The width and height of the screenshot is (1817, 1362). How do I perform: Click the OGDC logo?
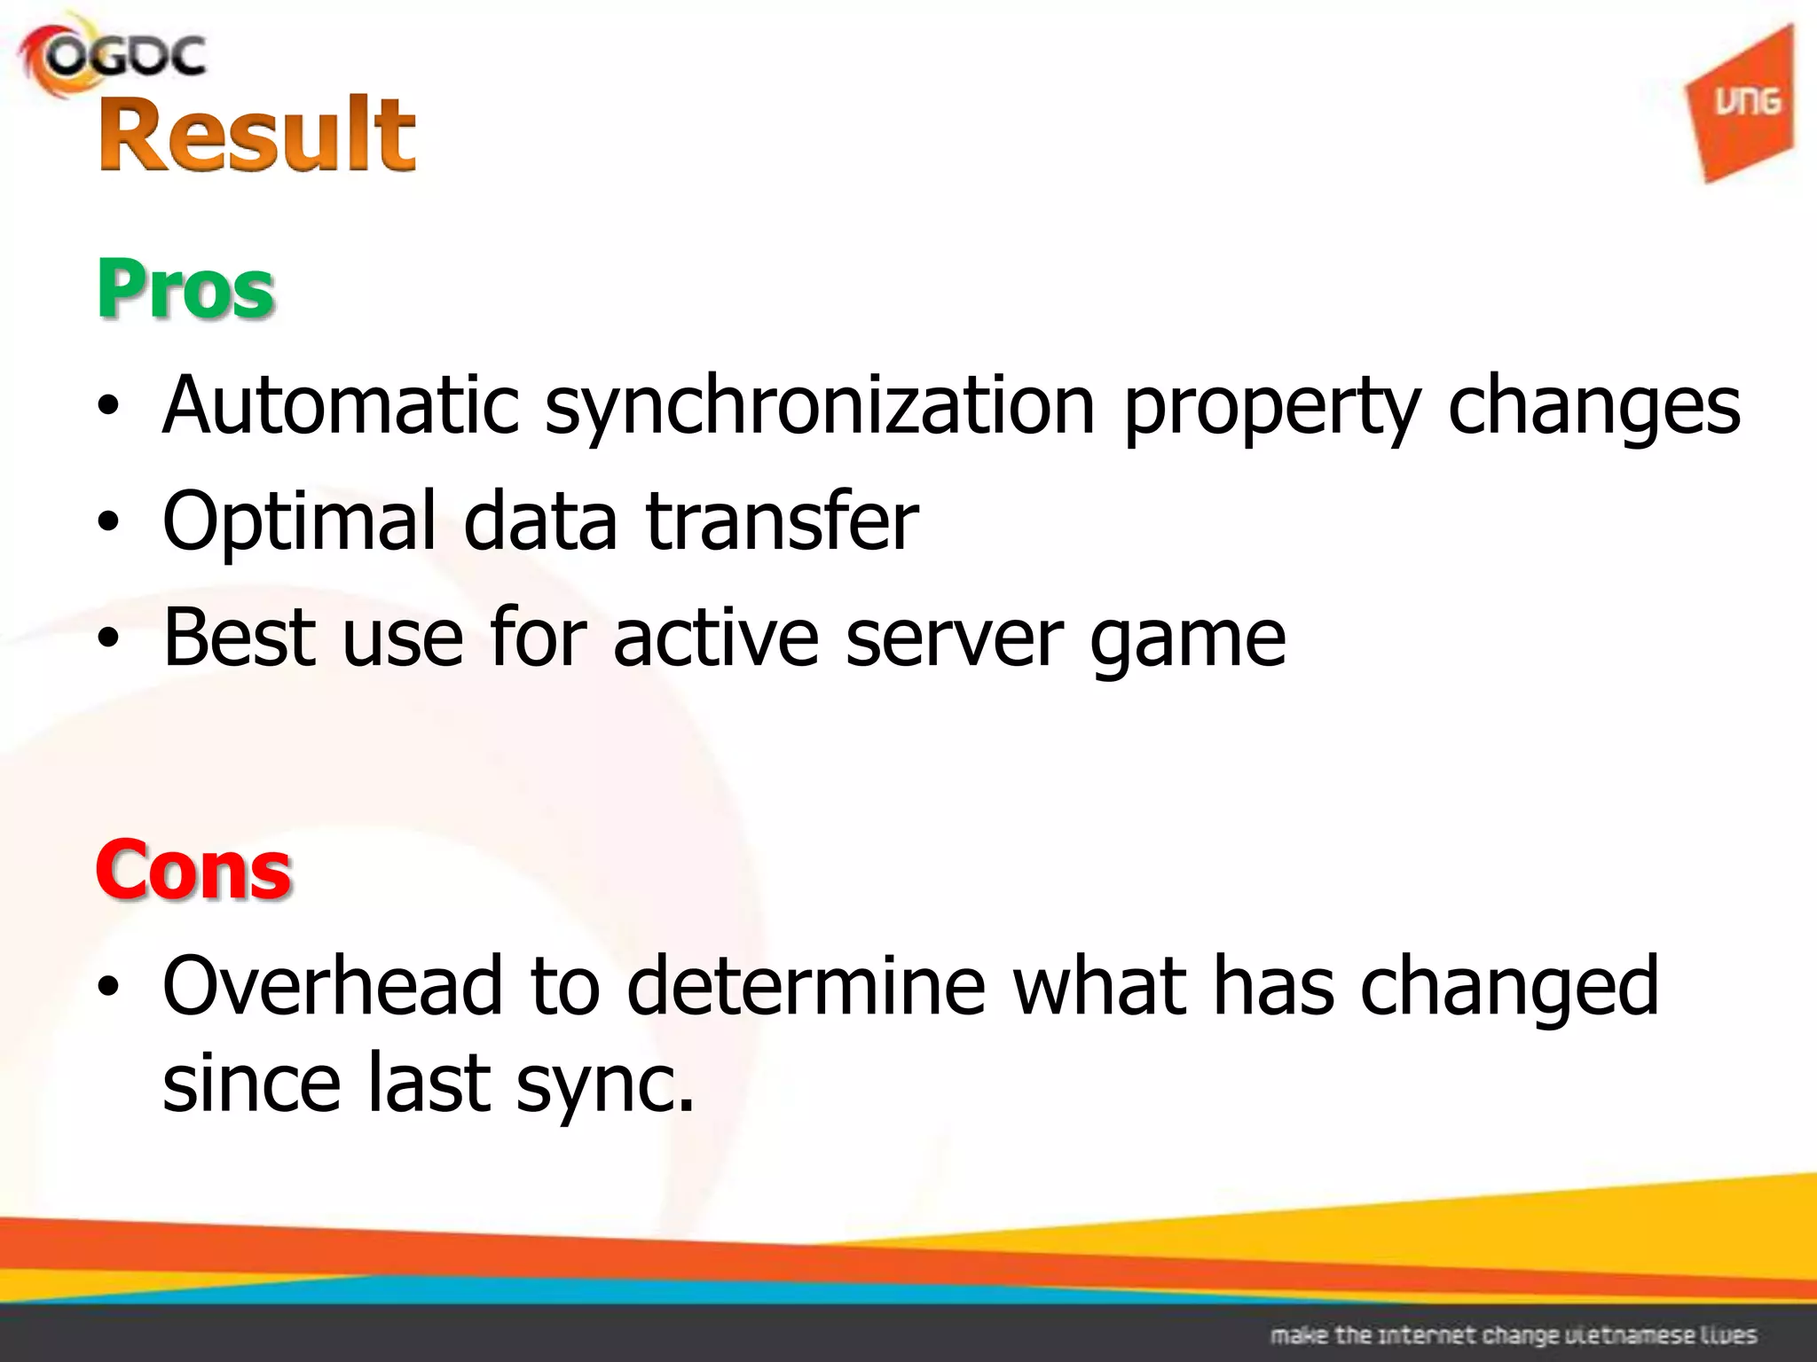click(114, 57)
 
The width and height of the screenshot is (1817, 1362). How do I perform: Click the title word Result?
click(257, 135)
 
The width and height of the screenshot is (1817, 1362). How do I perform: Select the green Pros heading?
click(185, 289)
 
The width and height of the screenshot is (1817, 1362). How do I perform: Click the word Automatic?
click(341, 406)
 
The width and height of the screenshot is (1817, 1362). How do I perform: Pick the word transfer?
click(783, 521)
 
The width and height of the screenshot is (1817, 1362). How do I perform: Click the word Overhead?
click(333, 986)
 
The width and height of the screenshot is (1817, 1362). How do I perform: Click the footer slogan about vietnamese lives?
click(1514, 1335)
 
